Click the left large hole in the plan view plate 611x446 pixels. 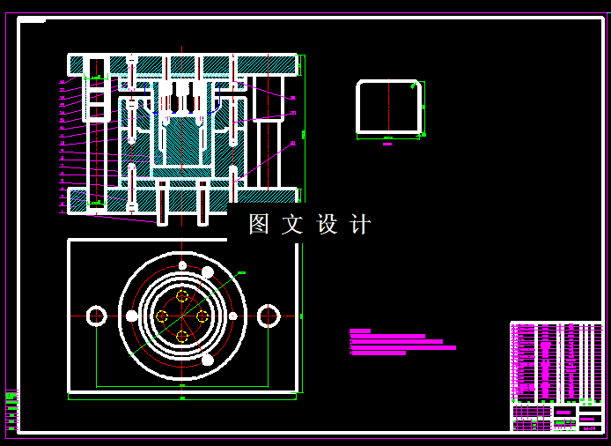97,316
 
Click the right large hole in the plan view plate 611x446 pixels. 269,316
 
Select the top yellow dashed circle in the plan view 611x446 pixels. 182,296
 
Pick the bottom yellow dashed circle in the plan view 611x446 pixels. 182,336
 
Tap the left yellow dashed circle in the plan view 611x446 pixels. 162,316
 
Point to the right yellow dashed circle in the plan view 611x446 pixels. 202,316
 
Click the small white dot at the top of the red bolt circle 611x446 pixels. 182,265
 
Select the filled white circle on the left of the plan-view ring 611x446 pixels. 132,316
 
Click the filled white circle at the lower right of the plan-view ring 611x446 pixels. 208,360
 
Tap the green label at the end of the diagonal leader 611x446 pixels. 241,273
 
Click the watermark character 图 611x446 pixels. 259,224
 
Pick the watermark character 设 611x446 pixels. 327,224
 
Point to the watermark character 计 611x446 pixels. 360,224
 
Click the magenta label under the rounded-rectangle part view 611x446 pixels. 387,144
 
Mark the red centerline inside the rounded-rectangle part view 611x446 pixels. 388,107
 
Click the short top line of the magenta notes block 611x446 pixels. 360,331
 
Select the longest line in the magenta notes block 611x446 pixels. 402,347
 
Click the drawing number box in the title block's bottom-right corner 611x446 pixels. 590,427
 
